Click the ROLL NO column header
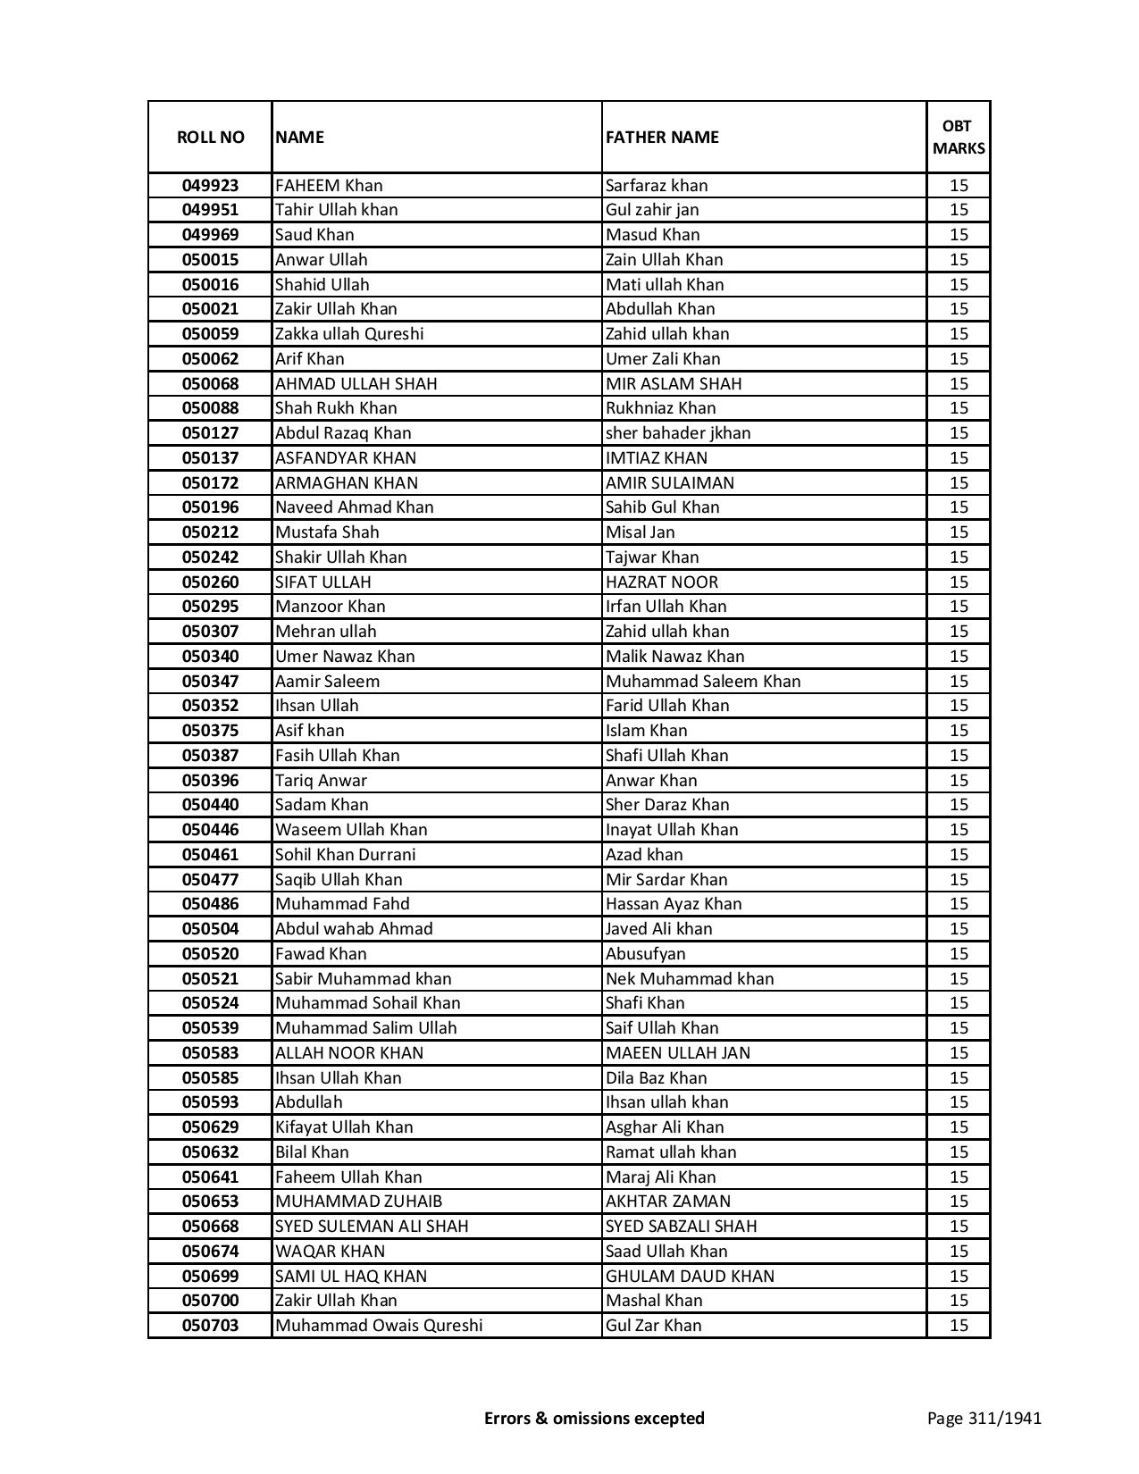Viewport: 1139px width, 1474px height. [210, 137]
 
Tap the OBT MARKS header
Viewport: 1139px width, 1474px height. [958, 137]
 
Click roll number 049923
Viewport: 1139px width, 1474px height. [210, 186]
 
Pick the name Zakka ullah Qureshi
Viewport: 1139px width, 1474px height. [349, 334]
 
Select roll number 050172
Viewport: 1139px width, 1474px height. [210, 482]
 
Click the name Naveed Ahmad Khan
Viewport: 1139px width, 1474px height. [354, 507]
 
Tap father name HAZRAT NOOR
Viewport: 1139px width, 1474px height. [661, 582]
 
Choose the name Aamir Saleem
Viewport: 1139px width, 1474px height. [327, 681]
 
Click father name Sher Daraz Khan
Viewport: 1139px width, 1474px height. [667, 805]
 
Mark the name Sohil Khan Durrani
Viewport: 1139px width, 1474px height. [345, 855]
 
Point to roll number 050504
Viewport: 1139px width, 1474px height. [210, 929]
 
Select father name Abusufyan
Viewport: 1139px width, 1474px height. [645, 954]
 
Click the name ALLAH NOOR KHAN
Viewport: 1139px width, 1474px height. [349, 1053]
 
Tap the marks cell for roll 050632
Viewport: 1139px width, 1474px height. [959, 1152]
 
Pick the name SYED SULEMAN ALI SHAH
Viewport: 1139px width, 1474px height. [372, 1227]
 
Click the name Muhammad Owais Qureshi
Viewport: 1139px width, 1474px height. [379, 1326]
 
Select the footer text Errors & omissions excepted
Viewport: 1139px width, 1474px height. [594, 1418]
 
